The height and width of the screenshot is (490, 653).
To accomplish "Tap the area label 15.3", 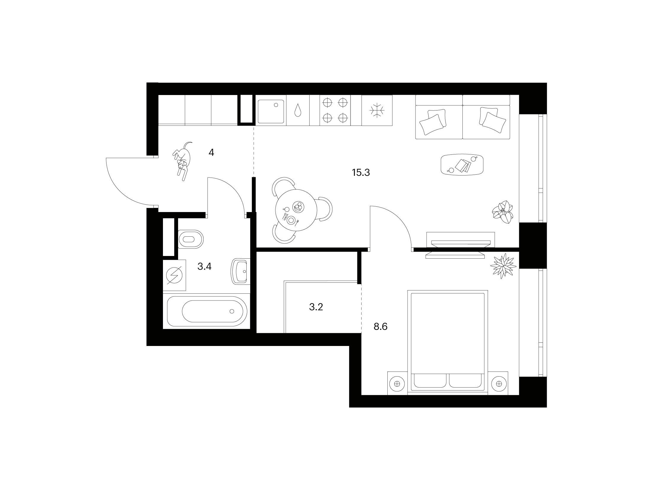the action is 361,173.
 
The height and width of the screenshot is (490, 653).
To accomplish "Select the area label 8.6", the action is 381,327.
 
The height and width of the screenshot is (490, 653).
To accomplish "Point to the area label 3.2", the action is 316,307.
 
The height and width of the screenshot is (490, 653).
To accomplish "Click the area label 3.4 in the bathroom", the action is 205,267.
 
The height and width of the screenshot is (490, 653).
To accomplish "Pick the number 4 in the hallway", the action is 211,153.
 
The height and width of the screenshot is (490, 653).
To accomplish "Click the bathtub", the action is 207,311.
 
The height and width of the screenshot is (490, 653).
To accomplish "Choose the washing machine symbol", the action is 174,275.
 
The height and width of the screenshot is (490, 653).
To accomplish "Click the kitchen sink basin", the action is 271,112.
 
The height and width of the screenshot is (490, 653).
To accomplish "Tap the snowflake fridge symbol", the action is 377,111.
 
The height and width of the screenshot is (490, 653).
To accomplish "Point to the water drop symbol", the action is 297,111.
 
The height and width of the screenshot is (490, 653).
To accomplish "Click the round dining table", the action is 296,210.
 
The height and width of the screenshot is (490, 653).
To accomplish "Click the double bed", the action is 448,342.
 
